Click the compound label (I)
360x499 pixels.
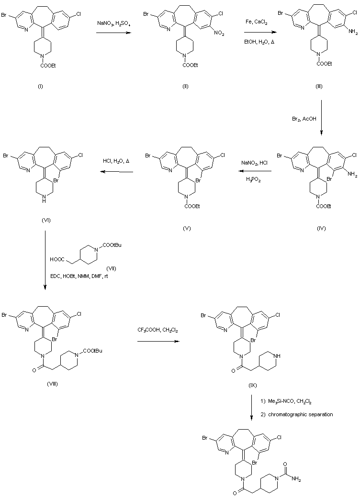(x=40, y=86)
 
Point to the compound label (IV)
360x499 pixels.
(x=321, y=228)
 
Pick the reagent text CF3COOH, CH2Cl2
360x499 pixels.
(x=156, y=331)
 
